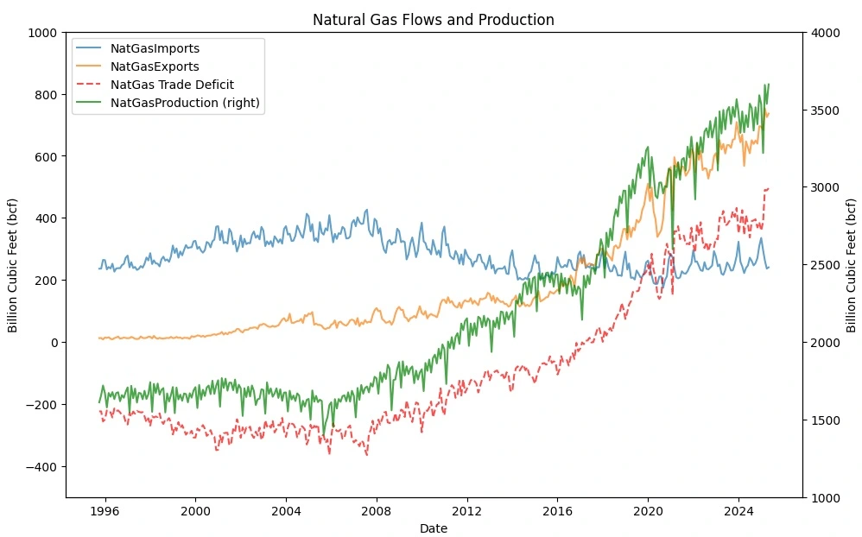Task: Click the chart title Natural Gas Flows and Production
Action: point(433,20)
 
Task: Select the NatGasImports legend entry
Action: point(155,48)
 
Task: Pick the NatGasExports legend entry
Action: point(155,66)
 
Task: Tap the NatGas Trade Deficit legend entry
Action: point(172,85)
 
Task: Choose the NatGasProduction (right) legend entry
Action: point(185,103)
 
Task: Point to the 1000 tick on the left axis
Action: point(43,33)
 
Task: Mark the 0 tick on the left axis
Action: point(54,343)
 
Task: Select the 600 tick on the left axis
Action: point(47,157)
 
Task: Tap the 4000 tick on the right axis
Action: point(824,33)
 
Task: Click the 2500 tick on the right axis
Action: point(824,265)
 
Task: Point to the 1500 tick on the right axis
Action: point(824,420)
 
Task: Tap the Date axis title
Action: point(433,528)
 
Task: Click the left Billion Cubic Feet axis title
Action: point(13,265)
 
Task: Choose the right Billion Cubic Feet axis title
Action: point(852,265)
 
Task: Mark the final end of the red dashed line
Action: point(769,187)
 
